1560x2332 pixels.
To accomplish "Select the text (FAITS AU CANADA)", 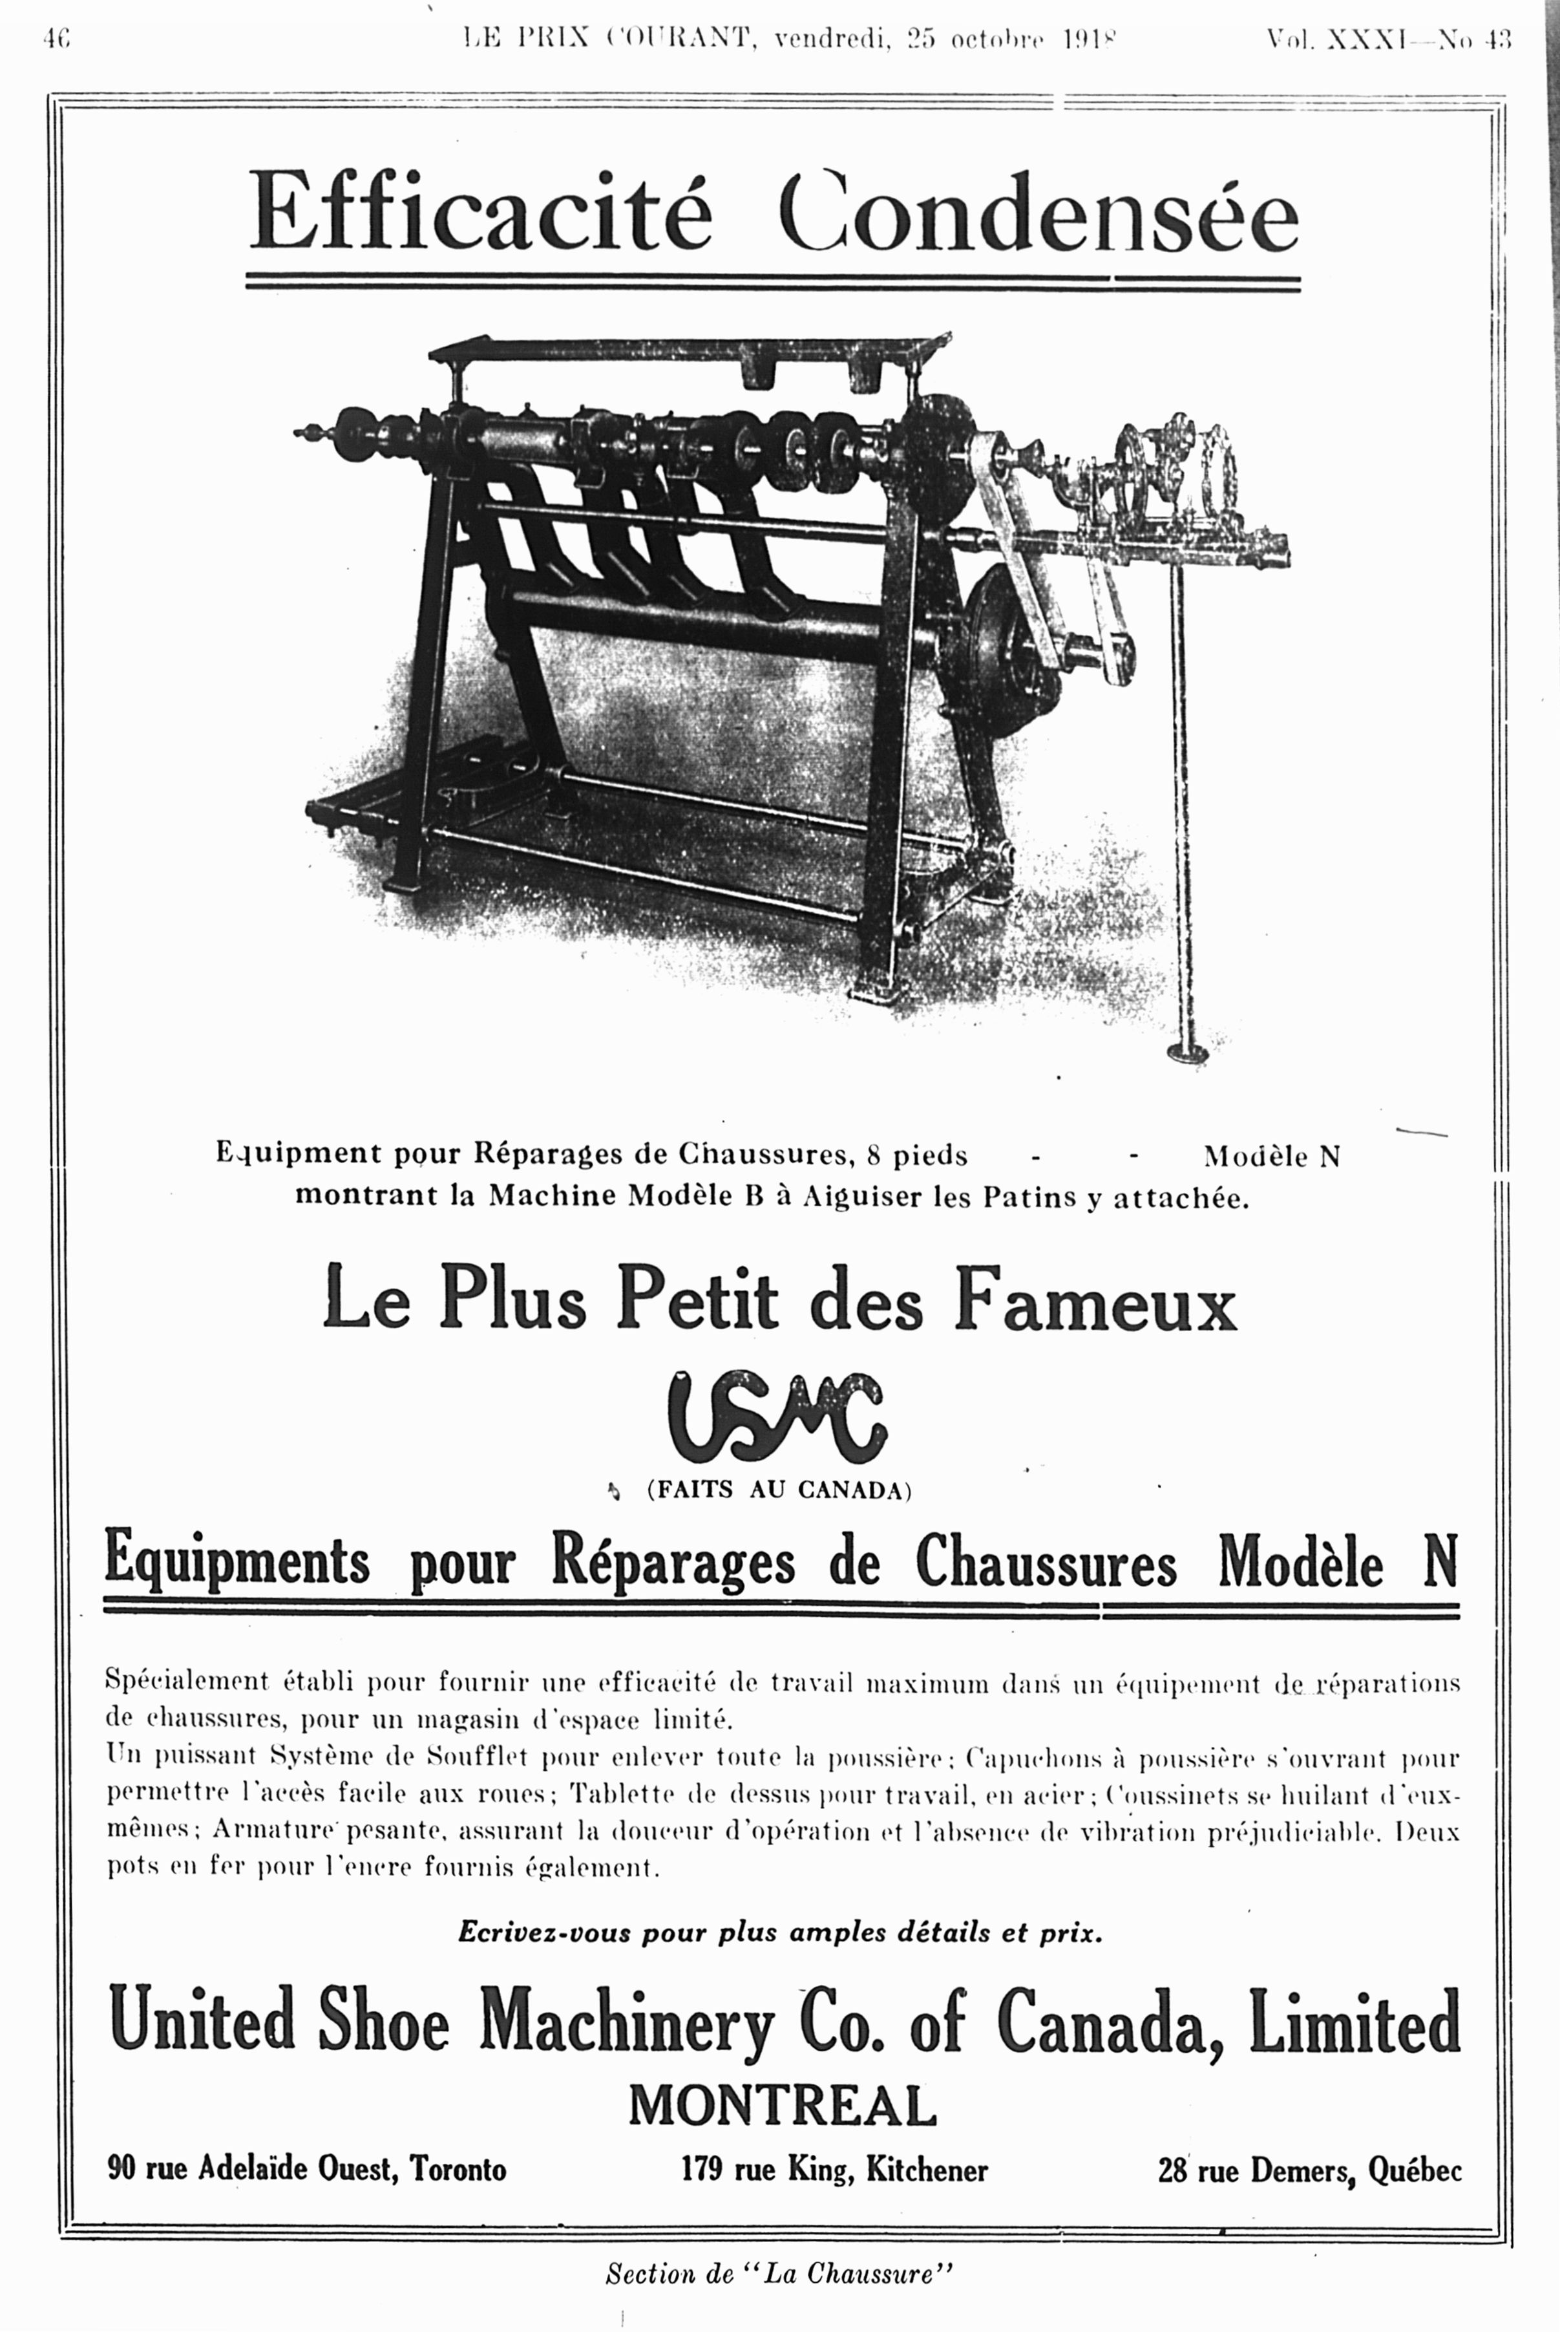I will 779,1490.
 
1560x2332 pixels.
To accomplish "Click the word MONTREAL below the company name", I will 782,2105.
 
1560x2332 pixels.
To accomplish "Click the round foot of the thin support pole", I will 1187,1051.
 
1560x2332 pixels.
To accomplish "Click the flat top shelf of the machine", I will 686,348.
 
